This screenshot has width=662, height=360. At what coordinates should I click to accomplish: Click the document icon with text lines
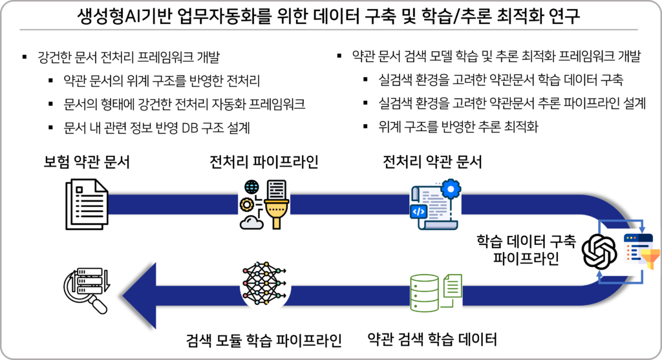(x=87, y=204)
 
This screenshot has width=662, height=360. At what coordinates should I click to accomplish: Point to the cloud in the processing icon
(x=251, y=222)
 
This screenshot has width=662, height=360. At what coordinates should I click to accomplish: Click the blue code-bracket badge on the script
(x=418, y=211)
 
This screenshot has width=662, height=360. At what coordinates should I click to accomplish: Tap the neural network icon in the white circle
(x=265, y=285)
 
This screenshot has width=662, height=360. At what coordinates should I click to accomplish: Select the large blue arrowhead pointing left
(x=140, y=295)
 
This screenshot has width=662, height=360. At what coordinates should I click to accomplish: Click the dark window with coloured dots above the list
(x=637, y=239)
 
